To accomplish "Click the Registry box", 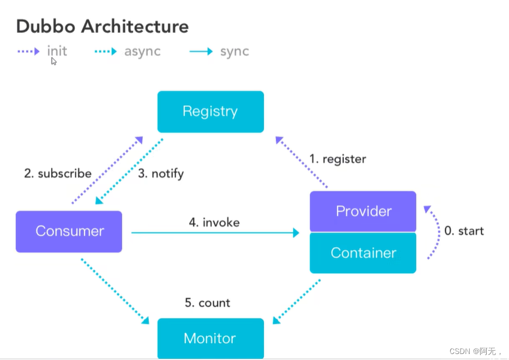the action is tap(211, 112).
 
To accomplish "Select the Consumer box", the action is tap(69, 231).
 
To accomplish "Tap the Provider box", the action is tap(363, 211).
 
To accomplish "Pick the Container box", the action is tap(363, 253).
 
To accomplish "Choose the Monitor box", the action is tap(211, 338).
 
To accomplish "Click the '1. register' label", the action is tap(337, 159).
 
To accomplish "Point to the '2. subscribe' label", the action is tap(58, 173).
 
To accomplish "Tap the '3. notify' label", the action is tap(161, 174).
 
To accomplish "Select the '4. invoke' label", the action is tap(214, 223).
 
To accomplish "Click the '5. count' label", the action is tap(208, 303).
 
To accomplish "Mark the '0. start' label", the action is tap(464, 231).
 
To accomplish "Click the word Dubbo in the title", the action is tap(46, 26).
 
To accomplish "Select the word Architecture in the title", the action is tap(135, 26).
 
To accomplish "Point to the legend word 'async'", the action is tap(142, 52).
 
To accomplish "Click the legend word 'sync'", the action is tap(235, 52).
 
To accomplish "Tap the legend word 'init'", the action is tap(57, 51).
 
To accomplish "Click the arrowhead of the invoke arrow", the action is tap(296, 233).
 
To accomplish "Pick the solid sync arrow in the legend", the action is tap(201, 51).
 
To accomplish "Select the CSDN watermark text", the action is tap(476, 351).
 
